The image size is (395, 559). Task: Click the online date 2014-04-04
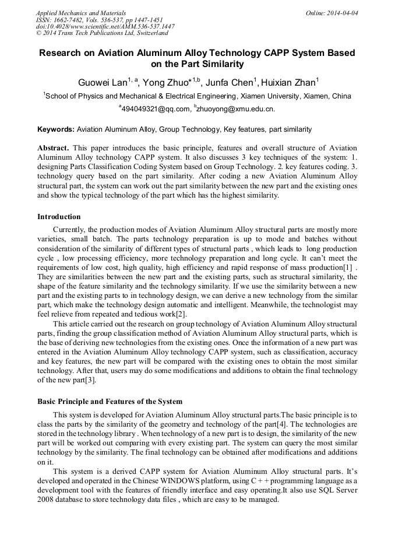[x=343, y=13]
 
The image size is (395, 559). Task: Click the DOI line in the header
[x=105, y=26]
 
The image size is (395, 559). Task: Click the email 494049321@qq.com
[x=156, y=109]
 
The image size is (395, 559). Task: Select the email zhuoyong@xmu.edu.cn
[x=236, y=109]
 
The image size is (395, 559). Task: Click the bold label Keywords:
[x=56, y=129]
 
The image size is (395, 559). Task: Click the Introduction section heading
[x=59, y=217]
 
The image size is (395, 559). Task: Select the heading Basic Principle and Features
[x=110, y=402]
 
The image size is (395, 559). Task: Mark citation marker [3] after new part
[x=87, y=381]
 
